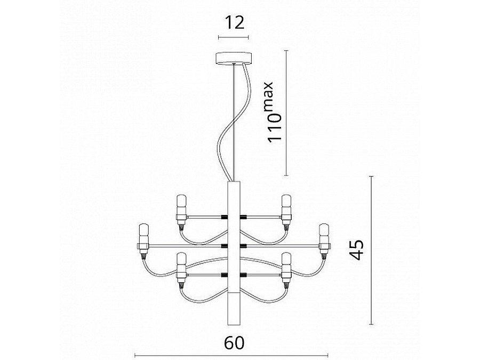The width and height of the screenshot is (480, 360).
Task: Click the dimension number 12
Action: [233, 22]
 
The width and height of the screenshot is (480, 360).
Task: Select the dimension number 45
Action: [357, 249]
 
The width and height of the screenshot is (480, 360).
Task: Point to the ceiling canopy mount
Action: [233, 58]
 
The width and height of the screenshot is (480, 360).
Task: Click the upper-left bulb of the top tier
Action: [180, 203]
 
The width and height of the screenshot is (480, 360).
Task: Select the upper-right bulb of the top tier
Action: [286, 203]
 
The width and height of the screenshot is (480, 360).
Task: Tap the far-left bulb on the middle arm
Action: [143, 231]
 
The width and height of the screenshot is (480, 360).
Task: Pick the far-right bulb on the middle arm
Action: [323, 231]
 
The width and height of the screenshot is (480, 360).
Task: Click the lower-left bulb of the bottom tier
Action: [180, 261]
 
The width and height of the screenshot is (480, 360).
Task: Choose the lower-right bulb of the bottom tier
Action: [286, 261]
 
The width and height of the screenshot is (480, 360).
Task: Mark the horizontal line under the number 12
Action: [233, 37]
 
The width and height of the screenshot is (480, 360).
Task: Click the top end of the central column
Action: [233, 184]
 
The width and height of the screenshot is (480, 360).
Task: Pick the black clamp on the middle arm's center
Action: [233, 246]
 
